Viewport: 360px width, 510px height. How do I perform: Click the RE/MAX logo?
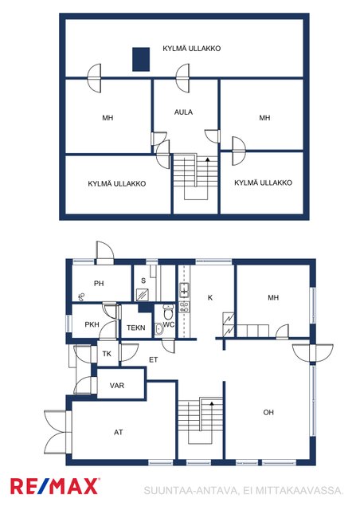[x=55, y=486]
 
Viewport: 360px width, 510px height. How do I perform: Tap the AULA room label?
[x=183, y=112]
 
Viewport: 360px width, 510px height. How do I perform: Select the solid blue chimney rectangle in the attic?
[x=141, y=59]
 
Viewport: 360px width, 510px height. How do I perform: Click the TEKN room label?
[x=136, y=328]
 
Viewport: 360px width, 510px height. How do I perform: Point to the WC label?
[x=169, y=324]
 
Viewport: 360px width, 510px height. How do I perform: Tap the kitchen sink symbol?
[x=185, y=290]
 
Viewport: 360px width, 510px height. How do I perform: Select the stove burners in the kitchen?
[x=185, y=308]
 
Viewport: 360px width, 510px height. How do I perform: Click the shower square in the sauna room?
[x=143, y=294]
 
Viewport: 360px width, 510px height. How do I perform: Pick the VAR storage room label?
[x=117, y=386]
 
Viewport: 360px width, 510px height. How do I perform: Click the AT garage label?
[x=119, y=432]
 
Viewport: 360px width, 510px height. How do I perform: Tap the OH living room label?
[x=268, y=413]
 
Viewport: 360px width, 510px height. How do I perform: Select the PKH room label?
[x=92, y=324]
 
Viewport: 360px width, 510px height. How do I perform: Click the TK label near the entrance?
[x=107, y=354]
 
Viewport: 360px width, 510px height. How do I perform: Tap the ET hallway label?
[x=154, y=359]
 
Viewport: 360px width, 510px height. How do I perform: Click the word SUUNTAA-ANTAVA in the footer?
[x=191, y=490]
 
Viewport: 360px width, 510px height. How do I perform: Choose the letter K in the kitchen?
[x=210, y=297]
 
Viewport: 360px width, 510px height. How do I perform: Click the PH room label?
[x=99, y=284]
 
